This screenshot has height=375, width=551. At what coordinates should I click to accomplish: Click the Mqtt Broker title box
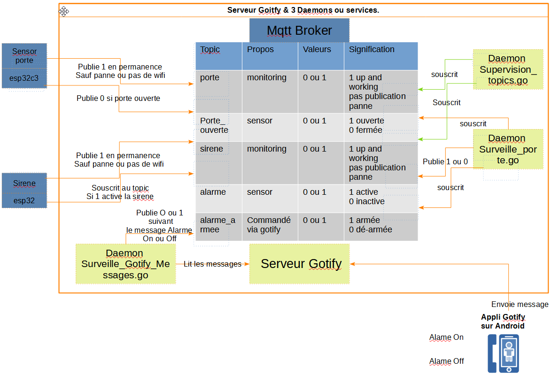(299, 31)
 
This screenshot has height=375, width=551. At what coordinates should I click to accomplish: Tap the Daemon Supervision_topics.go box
(508, 69)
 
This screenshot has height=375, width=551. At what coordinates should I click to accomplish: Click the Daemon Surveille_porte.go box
(507, 149)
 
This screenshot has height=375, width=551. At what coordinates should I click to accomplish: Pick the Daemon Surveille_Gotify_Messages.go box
(125, 264)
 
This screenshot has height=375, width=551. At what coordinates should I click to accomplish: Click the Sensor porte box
(24, 56)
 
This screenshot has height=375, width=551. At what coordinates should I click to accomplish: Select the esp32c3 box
(24, 78)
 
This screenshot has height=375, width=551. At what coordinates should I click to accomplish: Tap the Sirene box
(24, 183)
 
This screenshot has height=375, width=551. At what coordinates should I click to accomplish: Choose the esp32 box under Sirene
(24, 201)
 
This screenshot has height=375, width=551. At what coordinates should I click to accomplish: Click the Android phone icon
(503, 353)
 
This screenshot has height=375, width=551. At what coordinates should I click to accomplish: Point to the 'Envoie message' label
(520, 304)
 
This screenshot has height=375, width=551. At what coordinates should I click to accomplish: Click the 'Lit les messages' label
(212, 264)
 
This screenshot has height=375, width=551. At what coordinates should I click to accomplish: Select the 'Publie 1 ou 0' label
(445, 161)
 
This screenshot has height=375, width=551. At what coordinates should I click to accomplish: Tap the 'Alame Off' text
(447, 361)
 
